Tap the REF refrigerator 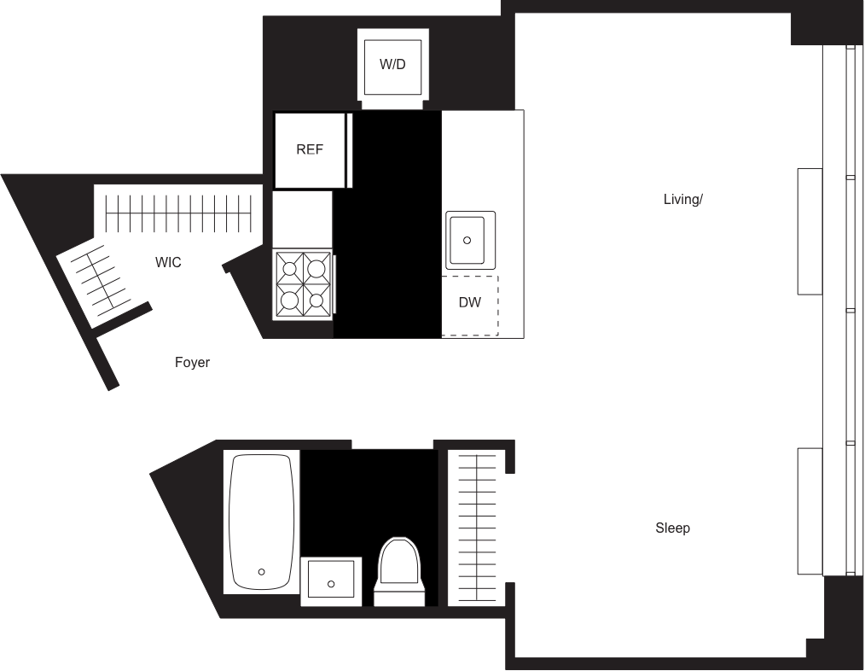(x=311, y=150)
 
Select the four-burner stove (x=303, y=284)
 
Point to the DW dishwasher (x=470, y=305)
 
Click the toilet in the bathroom (x=399, y=568)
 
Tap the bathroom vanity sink (x=331, y=581)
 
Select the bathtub (x=261, y=521)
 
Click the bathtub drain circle (x=261, y=572)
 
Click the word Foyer (x=193, y=363)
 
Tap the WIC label (x=168, y=262)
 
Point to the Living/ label (x=683, y=200)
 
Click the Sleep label (x=673, y=528)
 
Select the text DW (x=470, y=303)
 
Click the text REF (x=310, y=149)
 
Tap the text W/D (x=392, y=65)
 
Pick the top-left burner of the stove (x=290, y=270)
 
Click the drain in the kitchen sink (x=468, y=241)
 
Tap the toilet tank (x=399, y=595)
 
